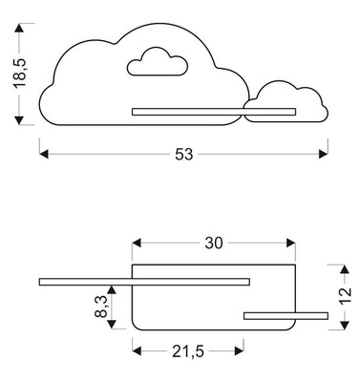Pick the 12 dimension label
click(x=345, y=295)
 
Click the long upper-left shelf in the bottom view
click(x=143, y=281)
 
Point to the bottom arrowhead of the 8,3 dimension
click(x=114, y=323)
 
